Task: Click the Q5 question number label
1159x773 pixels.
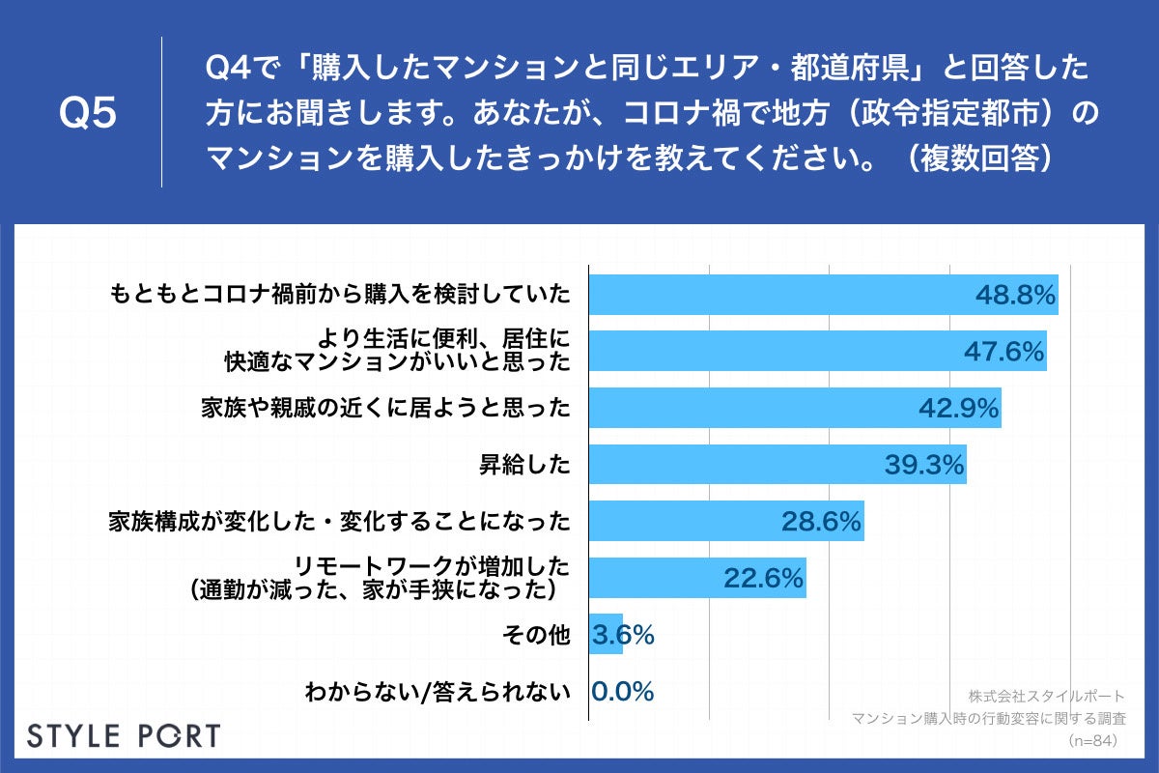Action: coord(88,113)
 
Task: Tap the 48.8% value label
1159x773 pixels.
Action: coord(1013,296)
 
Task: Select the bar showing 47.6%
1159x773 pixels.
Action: coord(773,352)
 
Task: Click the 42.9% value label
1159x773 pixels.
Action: coord(957,409)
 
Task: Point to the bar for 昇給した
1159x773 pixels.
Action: coord(734,465)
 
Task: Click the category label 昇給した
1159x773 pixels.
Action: coord(525,466)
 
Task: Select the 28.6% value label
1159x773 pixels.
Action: coord(820,523)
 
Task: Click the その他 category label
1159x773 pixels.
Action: coord(537,635)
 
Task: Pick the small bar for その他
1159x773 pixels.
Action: coord(606,635)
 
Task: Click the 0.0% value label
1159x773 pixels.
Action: coord(623,692)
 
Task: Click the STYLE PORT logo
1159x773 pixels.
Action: coord(124,735)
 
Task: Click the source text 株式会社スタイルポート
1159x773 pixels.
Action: coord(1045,696)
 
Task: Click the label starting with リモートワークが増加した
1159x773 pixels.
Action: coord(377,578)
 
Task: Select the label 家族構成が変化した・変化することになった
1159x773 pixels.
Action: coord(339,523)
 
